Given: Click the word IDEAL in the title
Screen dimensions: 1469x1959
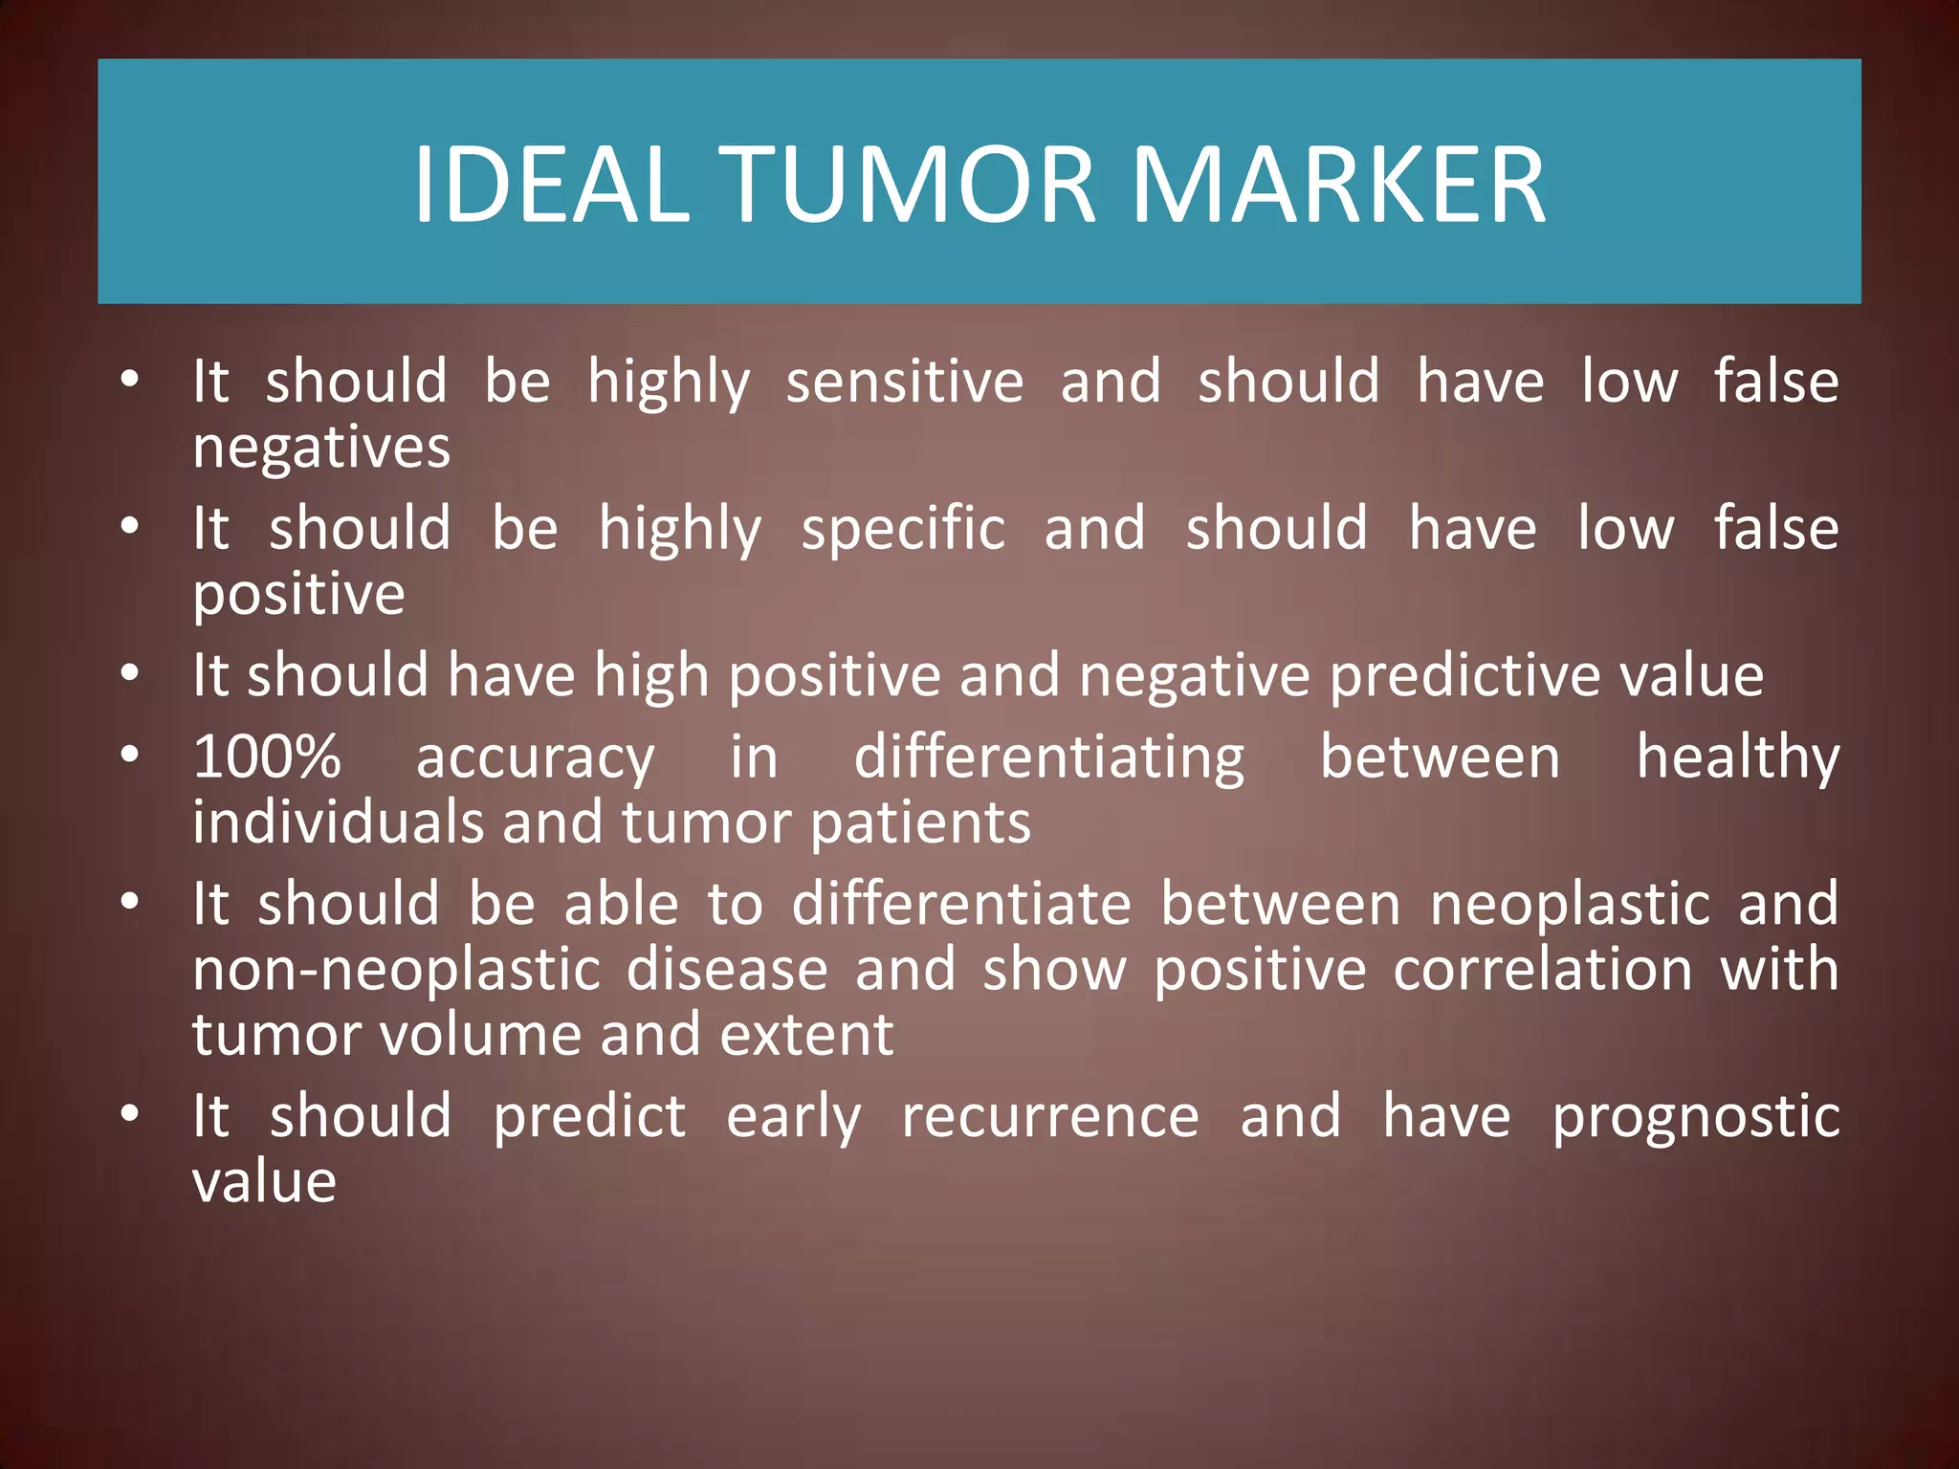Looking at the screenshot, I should [x=551, y=184].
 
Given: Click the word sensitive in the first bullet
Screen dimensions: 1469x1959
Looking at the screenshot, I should [x=905, y=381].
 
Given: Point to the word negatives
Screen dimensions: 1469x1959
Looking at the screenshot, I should [x=321, y=448].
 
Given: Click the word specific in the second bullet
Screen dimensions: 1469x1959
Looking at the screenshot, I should [x=903, y=528].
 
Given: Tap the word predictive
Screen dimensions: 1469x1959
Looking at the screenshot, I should [x=1464, y=675].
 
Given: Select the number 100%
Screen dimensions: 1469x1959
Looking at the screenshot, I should [x=267, y=756].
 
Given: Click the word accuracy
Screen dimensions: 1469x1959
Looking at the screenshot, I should [x=536, y=758].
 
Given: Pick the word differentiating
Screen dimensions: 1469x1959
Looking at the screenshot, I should [x=1049, y=758].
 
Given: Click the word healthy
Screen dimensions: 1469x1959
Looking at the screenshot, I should [x=1738, y=758].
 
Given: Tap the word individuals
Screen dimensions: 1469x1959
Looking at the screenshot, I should [x=338, y=822].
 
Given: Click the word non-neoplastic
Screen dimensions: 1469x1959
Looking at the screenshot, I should [x=396, y=970].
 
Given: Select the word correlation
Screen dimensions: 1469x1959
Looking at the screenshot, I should [x=1543, y=970].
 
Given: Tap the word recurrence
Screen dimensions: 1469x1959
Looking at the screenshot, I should [x=1050, y=1116].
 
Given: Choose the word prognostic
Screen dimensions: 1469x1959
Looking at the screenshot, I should [x=1695, y=1118].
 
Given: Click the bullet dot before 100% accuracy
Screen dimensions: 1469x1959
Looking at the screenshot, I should [x=131, y=756].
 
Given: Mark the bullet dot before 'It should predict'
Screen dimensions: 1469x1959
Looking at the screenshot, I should [x=131, y=1114].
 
